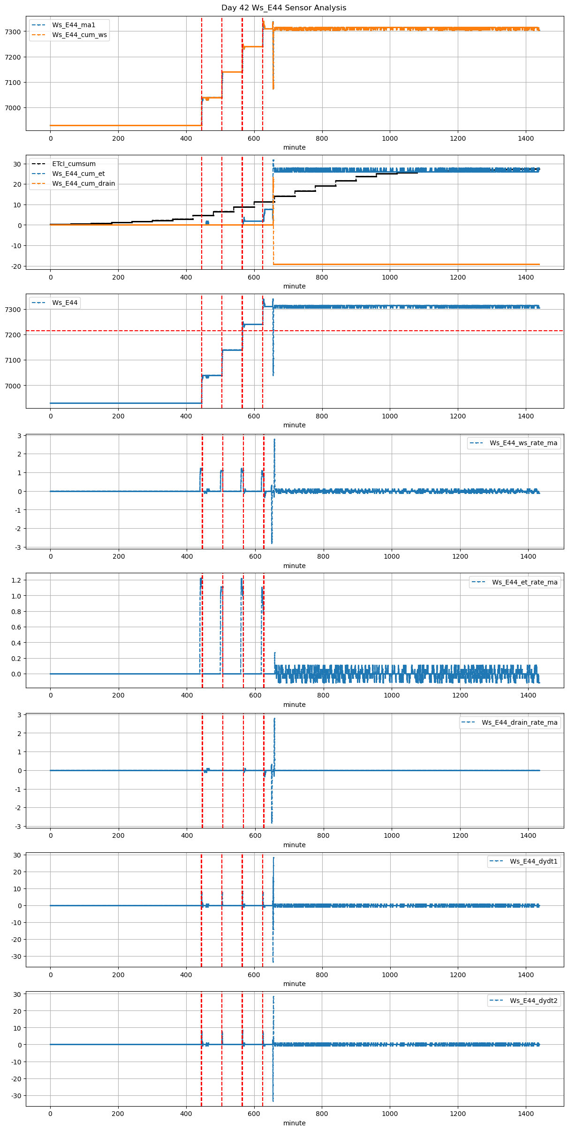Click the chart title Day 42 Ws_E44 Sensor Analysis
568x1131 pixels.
[x=284, y=8]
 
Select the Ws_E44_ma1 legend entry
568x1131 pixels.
[x=73, y=25]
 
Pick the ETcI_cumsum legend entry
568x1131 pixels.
[x=74, y=164]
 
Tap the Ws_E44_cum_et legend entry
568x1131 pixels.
[x=78, y=174]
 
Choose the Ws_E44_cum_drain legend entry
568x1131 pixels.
[x=83, y=183]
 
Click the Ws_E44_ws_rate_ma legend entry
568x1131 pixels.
[x=523, y=443]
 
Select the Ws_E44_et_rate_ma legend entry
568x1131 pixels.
[x=524, y=582]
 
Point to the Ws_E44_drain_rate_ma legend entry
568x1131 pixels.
[x=519, y=722]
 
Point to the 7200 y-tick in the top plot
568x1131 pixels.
[x=13, y=57]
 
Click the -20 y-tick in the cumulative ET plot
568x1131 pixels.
[x=17, y=266]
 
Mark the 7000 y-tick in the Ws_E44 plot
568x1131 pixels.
[x=13, y=386]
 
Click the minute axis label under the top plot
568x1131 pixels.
[x=294, y=147]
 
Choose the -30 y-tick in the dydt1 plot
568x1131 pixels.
[x=17, y=956]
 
